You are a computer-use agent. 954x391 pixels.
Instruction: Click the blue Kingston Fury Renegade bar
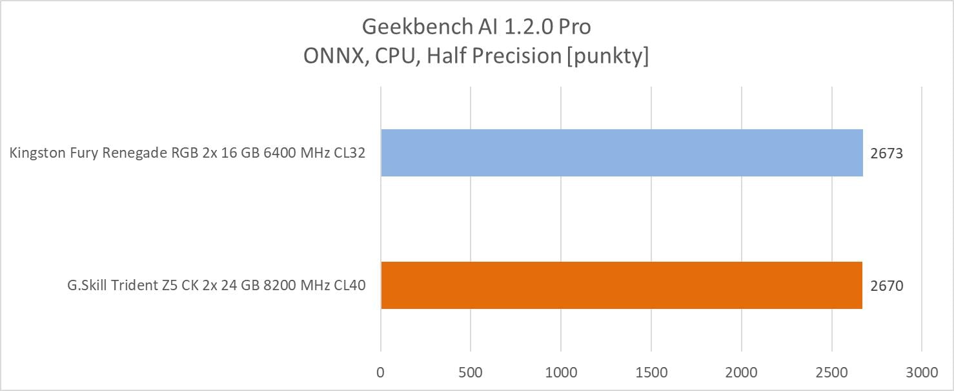point(622,153)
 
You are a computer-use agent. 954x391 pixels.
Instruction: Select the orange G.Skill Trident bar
point(622,285)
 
